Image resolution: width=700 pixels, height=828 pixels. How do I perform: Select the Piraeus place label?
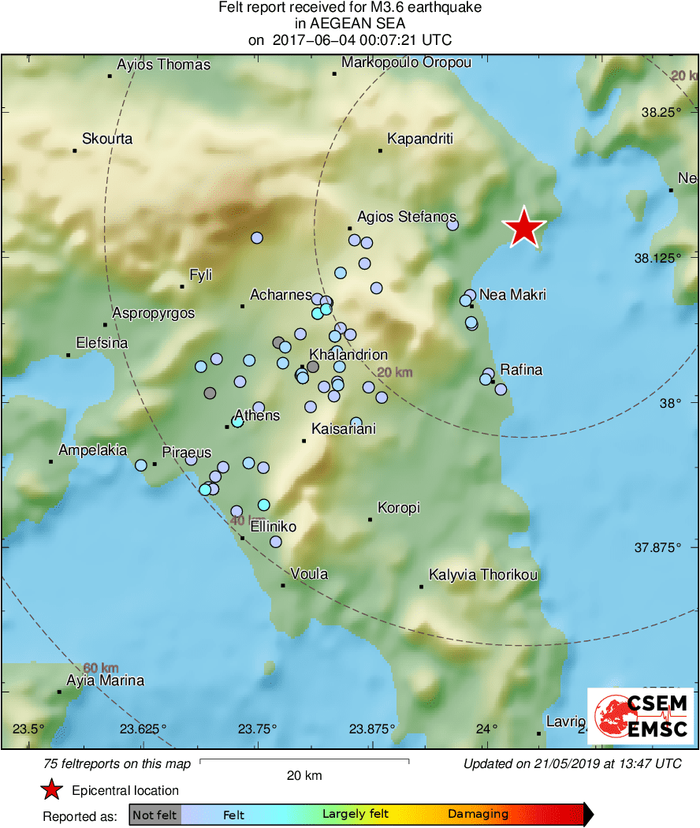point(187,453)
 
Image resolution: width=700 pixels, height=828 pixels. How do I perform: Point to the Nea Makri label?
point(512,295)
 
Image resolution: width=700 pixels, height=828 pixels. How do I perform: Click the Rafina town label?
point(521,370)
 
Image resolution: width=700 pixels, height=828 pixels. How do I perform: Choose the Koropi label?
point(399,508)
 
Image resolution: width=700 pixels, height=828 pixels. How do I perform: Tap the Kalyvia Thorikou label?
point(483,575)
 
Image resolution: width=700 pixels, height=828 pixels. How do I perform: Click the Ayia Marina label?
point(105,681)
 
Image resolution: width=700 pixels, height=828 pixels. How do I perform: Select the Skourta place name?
point(107,139)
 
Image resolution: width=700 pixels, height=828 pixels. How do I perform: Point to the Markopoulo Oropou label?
point(406,63)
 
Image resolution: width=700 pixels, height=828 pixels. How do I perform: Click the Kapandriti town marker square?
point(380,150)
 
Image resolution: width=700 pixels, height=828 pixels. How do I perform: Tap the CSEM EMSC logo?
point(640,716)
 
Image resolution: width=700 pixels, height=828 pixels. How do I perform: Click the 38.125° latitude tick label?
point(661,258)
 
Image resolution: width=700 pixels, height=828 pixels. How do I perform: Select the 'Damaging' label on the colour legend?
point(478,814)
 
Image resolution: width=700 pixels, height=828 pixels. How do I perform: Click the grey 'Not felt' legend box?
point(155,815)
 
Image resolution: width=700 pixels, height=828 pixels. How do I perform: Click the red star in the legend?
point(51,790)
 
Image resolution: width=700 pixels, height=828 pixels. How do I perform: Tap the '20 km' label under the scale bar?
point(304,776)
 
